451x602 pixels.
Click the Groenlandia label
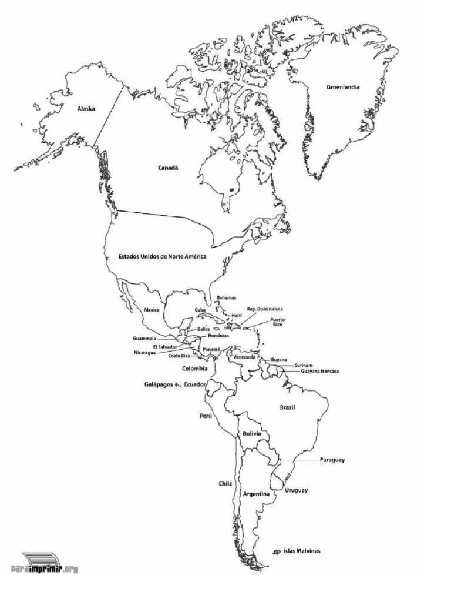(343, 88)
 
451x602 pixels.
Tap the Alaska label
(86, 109)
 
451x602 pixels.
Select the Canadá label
(167, 168)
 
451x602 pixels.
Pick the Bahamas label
(226, 299)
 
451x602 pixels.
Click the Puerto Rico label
(278, 322)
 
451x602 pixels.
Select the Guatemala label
(144, 339)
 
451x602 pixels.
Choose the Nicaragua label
(145, 353)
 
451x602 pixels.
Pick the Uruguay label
(297, 490)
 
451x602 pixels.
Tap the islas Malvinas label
(302, 551)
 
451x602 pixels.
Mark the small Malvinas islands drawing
(276, 551)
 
